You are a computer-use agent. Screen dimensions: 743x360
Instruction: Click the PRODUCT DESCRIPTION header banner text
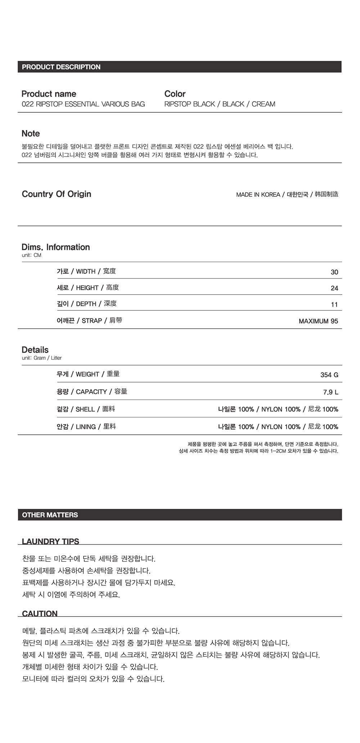tap(61, 67)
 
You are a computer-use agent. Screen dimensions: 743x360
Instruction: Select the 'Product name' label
tap(49, 94)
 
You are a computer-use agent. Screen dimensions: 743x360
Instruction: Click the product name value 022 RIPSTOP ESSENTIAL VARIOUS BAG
tap(83, 104)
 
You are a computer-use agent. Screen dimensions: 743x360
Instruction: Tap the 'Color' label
tap(175, 94)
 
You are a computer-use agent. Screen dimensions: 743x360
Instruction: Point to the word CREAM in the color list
tap(264, 104)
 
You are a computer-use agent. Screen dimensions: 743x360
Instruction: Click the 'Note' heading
tap(31, 134)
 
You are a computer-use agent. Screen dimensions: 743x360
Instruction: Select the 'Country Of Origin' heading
tap(57, 194)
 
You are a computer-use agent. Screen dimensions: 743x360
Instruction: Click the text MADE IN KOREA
tap(258, 194)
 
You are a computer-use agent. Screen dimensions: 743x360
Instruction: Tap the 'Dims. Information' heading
tap(56, 247)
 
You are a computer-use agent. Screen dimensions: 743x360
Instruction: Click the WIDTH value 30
tap(334, 272)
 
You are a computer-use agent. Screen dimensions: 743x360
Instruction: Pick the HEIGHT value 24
tap(334, 288)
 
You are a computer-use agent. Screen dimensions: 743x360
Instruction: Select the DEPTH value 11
tap(334, 305)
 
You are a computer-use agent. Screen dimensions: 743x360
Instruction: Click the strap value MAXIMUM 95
tap(318, 321)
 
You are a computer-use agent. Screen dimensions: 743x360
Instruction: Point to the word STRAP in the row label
tap(92, 321)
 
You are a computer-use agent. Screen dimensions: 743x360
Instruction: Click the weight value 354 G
tap(329, 375)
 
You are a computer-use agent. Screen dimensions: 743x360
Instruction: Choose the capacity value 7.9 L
tap(331, 392)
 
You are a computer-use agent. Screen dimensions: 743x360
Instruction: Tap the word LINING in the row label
tap(86, 427)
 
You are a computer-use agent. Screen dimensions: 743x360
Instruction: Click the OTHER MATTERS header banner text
tap(50, 515)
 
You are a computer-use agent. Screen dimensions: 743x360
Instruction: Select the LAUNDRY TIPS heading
tap(50, 541)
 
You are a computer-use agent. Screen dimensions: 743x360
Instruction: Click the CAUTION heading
tap(40, 614)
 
